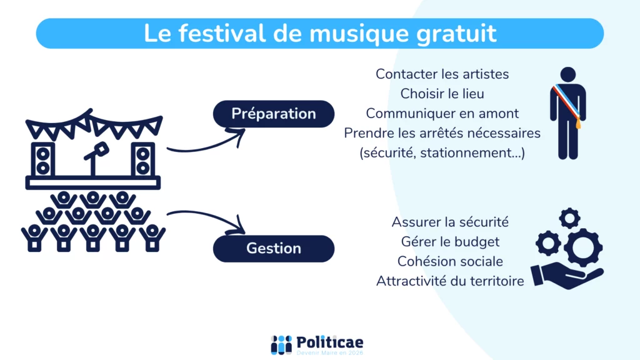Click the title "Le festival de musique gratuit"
pyautogui.click(x=320, y=33)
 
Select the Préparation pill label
pyautogui.click(x=274, y=114)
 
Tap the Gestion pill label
pyautogui.click(x=274, y=248)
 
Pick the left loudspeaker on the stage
pyautogui.click(x=43, y=159)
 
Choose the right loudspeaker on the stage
pyautogui.click(x=142, y=159)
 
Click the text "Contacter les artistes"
pyautogui.click(x=442, y=74)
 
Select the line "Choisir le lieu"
pyautogui.click(x=442, y=94)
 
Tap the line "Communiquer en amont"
pyautogui.click(x=442, y=114)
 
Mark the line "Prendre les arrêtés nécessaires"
pyautogui.click(x=442, y=133)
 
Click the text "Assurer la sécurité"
pyautogui.click(x=450, y=222)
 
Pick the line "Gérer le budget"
pyautogui.click(x=450, y=241)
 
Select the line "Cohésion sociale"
pyautogui.click(x=450, y=261)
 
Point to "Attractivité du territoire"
pyautogui.click(x=450, y=281)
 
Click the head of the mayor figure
pyautogui.click(x=568, y=74)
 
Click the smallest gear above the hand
pyautogui.click(x=569, y=218)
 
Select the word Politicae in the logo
pyautogui.click(x=330, y=342)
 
